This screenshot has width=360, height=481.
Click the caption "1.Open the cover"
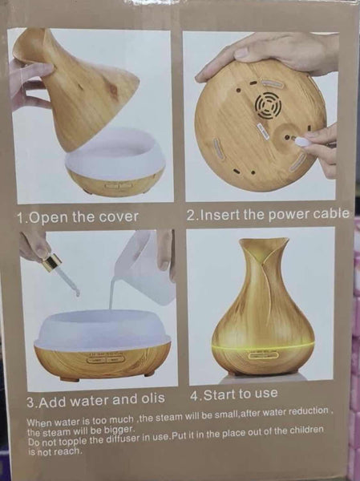[77, 217]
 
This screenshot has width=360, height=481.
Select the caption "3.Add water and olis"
[96, 399]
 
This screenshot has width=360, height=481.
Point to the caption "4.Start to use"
[234, 394]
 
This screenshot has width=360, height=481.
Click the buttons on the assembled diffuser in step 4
[265, 354]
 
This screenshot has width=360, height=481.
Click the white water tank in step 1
[115, 152]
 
